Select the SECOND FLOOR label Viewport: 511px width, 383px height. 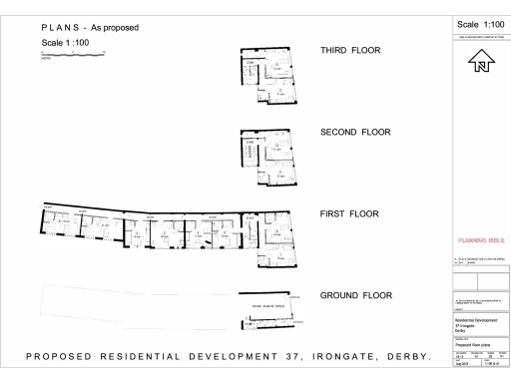(355, 132)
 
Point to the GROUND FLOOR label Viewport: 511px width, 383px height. (355, 295)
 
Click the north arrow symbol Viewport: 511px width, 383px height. (480, 62)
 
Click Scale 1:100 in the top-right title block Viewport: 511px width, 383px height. (479, 23)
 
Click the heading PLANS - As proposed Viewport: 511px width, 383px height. (90, 27)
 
